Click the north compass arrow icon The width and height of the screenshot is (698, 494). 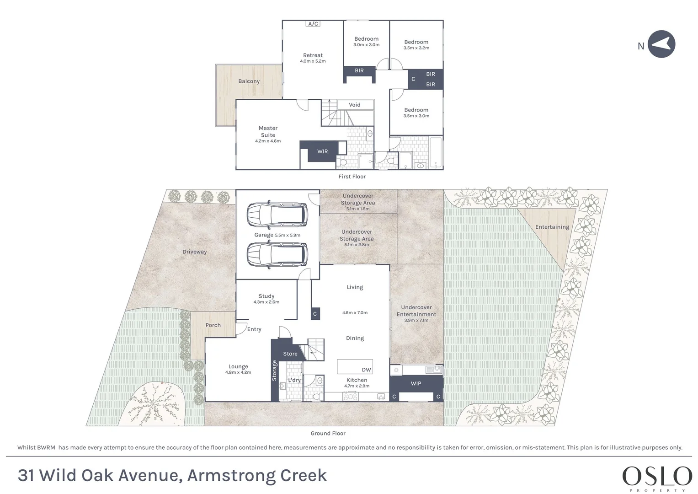661,44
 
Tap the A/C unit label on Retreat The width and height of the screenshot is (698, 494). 313,24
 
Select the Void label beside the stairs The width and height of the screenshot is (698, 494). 355,105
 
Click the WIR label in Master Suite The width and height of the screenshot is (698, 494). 323,151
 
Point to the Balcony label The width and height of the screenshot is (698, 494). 249,81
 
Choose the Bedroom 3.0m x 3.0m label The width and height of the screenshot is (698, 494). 367,42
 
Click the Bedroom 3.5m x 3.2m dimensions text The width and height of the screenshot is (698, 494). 416,48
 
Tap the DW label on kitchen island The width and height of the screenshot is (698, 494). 367,370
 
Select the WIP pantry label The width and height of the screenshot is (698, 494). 416,384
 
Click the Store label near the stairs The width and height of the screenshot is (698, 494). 290,354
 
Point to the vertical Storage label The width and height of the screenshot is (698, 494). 274,370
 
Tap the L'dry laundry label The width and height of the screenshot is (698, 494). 294,380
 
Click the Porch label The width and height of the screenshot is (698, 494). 213,325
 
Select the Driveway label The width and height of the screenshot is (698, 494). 194,252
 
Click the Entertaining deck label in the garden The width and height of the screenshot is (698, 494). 552,227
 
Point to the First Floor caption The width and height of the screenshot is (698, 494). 352,177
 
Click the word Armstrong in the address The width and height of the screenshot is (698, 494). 231,476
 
